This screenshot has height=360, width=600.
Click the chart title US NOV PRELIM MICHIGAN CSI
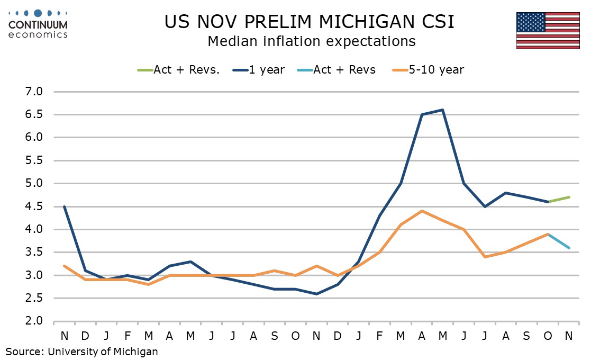(x=309, y=22)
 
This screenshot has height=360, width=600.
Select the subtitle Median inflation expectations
(x=311, y=41)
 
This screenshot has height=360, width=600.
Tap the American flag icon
(x=548, y=30)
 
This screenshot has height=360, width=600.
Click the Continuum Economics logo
(x=38, y=24)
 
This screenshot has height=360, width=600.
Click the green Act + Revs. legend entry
(x=178, y=69)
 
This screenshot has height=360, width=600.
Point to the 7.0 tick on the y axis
(x=32, y=92)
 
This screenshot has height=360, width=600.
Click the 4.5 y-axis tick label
(x=32, y=206)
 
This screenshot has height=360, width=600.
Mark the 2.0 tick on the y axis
(x=32, y=321)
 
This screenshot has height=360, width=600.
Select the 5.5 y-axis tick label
(x=32, y=160)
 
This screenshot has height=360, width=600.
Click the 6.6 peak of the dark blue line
(x=442, y=110)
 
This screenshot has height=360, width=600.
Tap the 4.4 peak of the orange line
(x=422, y=211)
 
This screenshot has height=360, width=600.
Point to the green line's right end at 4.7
(x=569, y=197)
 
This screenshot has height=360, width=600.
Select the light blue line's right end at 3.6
(x=569, y=248)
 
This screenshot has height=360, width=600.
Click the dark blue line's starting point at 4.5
(x=64, y=206)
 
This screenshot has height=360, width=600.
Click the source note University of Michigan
(x=82, y=350)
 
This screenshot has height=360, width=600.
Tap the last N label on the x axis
(x=569, y=336)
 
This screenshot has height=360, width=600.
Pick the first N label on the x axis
(x=64, y=336)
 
